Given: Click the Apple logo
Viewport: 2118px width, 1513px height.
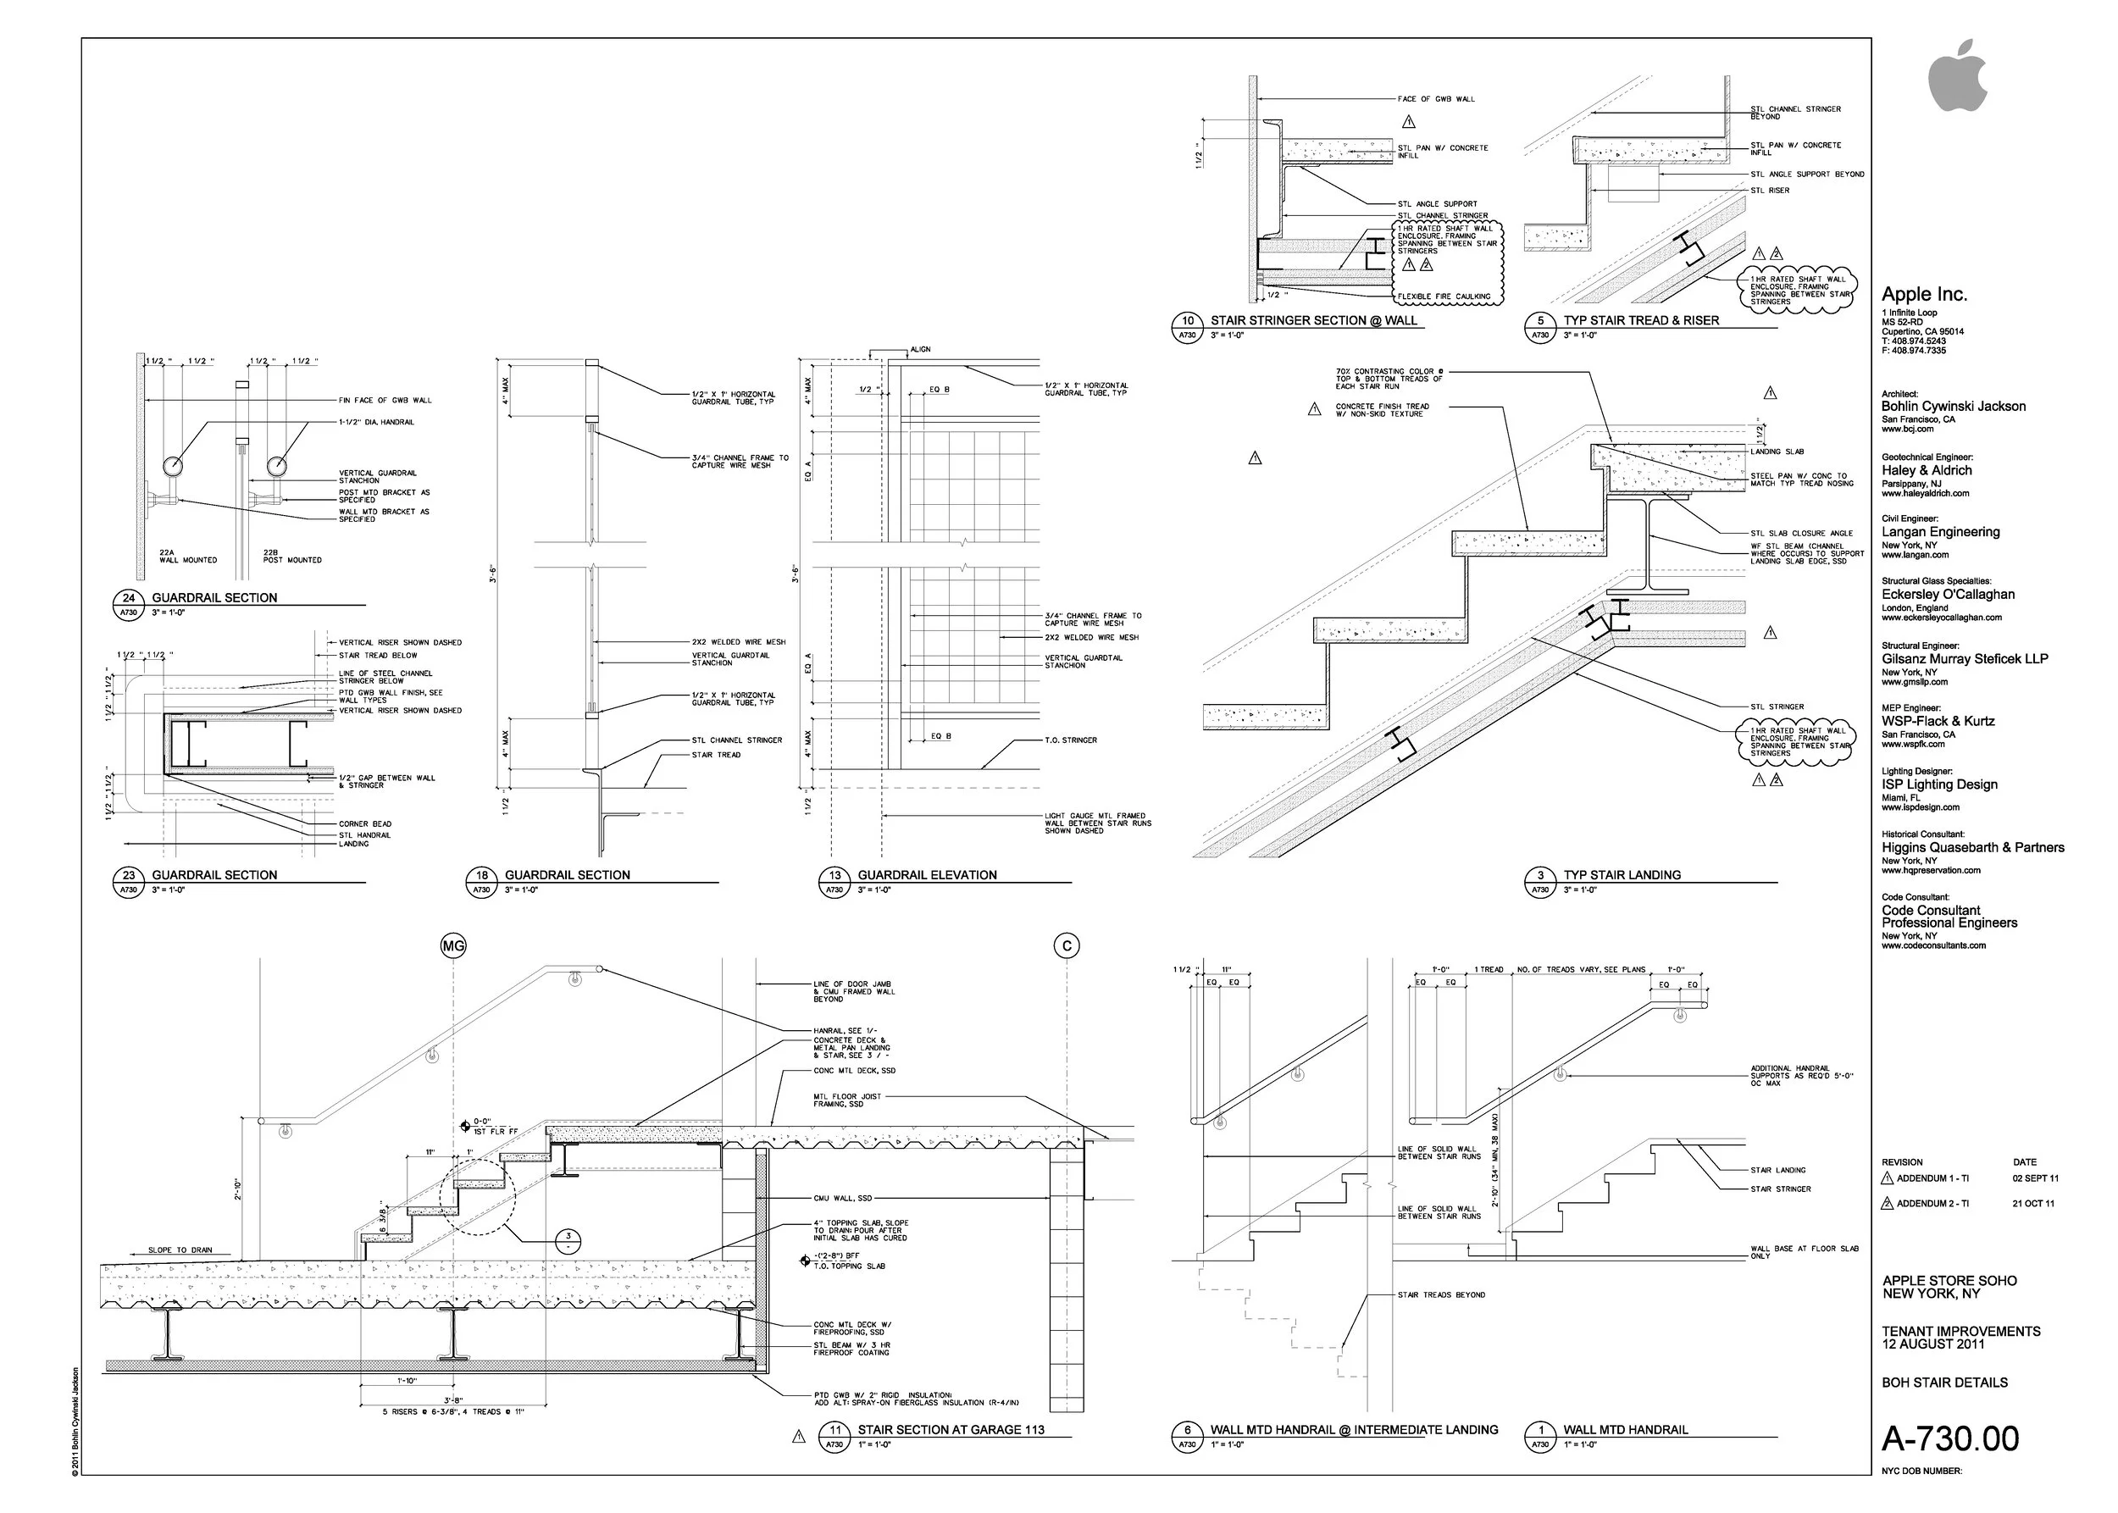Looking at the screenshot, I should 1957,77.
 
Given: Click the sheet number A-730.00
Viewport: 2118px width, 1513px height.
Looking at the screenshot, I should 1950,1439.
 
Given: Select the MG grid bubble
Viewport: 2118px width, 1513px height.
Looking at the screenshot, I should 453,945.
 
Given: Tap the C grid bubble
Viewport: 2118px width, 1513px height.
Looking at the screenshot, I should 1066,945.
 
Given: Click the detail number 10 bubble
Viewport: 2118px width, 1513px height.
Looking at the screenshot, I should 1187,320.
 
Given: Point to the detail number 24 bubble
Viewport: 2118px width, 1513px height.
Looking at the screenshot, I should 129,598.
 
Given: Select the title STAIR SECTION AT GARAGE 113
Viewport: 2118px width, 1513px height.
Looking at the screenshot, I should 951,1430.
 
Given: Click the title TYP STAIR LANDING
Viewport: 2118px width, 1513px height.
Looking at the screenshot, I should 1622,875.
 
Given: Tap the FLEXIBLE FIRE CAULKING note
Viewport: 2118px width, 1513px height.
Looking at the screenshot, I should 1444,297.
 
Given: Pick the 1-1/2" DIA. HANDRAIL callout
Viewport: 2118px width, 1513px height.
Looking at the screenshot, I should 376,422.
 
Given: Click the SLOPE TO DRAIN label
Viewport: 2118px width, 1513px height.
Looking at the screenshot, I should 180,1250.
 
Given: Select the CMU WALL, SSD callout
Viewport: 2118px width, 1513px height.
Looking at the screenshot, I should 842,1198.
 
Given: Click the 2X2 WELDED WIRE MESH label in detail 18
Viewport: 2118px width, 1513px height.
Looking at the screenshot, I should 738,642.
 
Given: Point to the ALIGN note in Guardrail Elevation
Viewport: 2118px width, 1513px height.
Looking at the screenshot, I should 920,349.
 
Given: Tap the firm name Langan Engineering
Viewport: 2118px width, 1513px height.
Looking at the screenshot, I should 1940,532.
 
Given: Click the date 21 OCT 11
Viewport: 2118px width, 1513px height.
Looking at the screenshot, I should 2033,1204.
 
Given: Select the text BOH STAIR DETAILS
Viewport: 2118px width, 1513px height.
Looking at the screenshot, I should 1943,1383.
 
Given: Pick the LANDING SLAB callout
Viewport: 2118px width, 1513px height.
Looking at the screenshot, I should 1777,452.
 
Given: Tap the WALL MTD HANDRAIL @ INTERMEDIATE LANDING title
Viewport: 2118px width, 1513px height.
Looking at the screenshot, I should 1354,1430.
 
